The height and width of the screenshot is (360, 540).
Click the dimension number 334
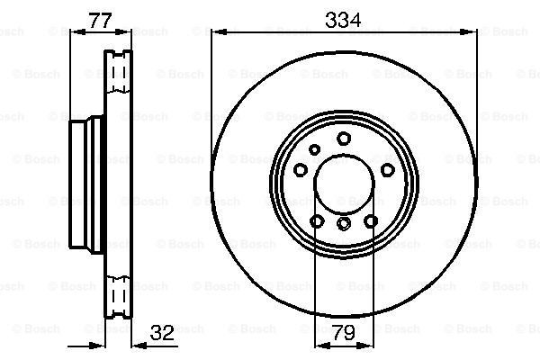pyautogui.click(x=343, y=20)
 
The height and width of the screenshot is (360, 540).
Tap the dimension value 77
pyautogui.click(x=100, y=21)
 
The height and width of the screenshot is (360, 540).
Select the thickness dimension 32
pyautogui.click(x=162, y=333)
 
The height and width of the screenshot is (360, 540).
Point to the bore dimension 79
pyautogui.click(x=344, y=333)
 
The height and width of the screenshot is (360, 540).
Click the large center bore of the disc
pyautogui.click(x=344, y=184)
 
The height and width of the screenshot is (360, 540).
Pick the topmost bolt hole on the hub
pyautogui.click(x=344, y=139)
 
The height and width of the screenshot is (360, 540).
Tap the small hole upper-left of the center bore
pyautogui.click(x=314, y=150)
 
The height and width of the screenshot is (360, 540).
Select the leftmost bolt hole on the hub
pyautogui.click(x=301, y=170)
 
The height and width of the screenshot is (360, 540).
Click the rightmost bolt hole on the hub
pyautogui.click(x=387, y=170)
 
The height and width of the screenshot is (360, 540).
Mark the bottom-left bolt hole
pyautogui.click(x=317, y=220)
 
